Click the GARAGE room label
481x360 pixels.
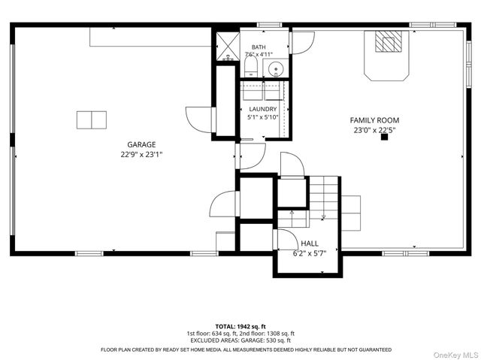pos(141,144)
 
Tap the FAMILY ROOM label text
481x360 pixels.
pos(374,120)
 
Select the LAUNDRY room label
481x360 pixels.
pos(263,109)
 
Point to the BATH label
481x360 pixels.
pos(259,47)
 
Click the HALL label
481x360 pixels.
pos(310,244)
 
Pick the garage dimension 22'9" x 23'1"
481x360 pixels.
pos(141,154)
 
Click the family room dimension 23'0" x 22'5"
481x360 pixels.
pos(374,130)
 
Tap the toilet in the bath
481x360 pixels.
pos(251,68)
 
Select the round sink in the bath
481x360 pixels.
pos(276,69)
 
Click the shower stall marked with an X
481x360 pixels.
pos(228,47)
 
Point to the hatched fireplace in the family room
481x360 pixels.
pos(389,41)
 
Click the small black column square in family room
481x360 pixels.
pos(384,137)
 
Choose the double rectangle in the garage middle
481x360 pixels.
pos(92,120)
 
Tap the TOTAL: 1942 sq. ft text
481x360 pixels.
pos(240,327)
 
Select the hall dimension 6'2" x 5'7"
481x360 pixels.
pos(310,253)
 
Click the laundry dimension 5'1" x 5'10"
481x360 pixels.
pos(263,116)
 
